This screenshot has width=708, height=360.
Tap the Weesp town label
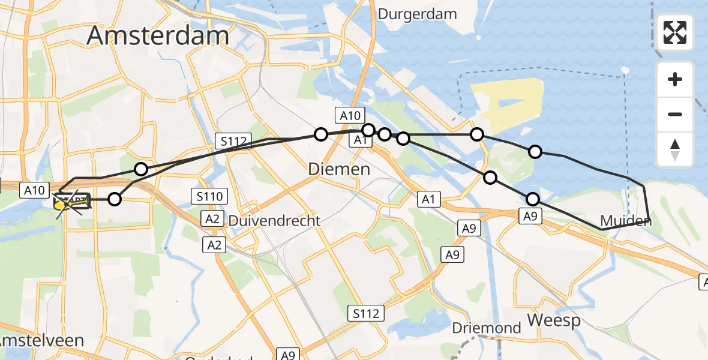[x=554, y=320]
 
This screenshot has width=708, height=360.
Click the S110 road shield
[x=209, y=196]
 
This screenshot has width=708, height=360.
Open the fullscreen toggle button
[x=675, y=32]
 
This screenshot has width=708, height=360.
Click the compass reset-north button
[x=675, y=149]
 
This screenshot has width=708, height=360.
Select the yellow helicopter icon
[x=71, y=203]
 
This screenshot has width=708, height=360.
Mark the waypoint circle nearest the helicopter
[x=114, y=199]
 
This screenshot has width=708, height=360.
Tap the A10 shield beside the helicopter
[x=33, y=190]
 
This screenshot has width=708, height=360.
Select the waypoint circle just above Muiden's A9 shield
[x=532, y=199]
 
